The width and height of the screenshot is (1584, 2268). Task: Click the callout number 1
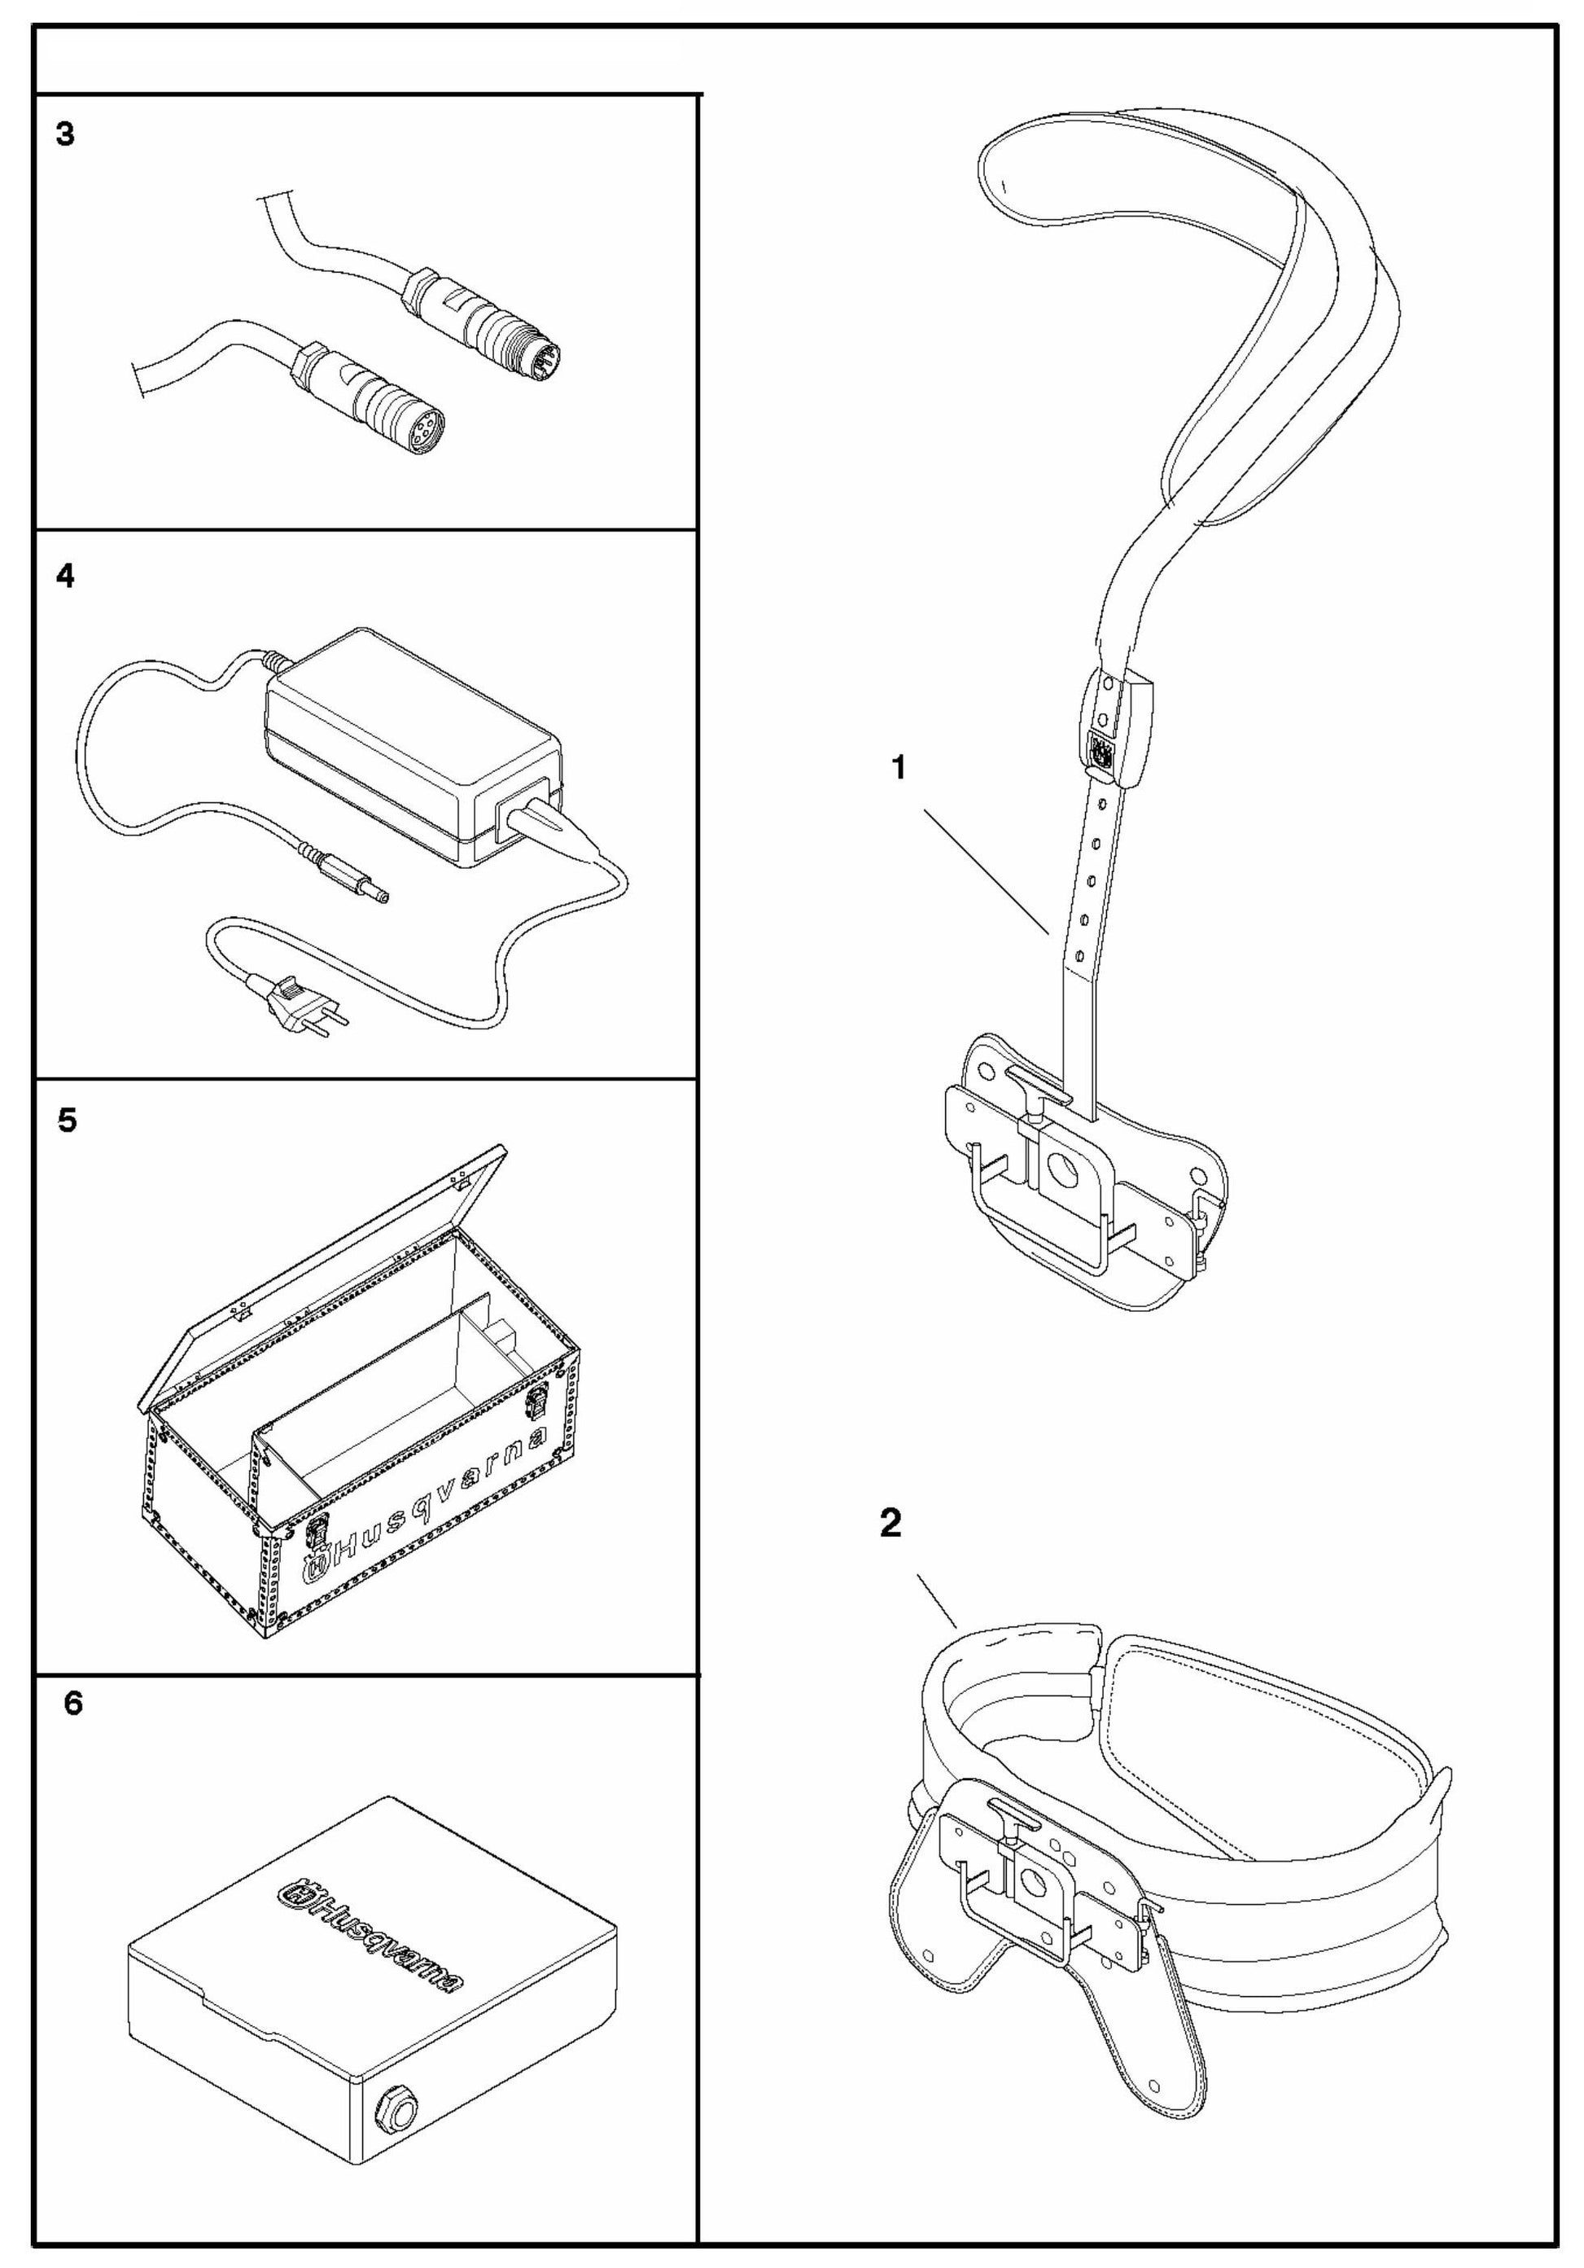point(898,766)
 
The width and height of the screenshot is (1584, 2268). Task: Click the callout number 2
point(890,1523)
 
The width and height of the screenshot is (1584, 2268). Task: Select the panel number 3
point(65,134)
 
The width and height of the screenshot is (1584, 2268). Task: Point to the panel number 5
point(66,1121)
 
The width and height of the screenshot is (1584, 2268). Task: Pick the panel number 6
point(72,1703)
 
